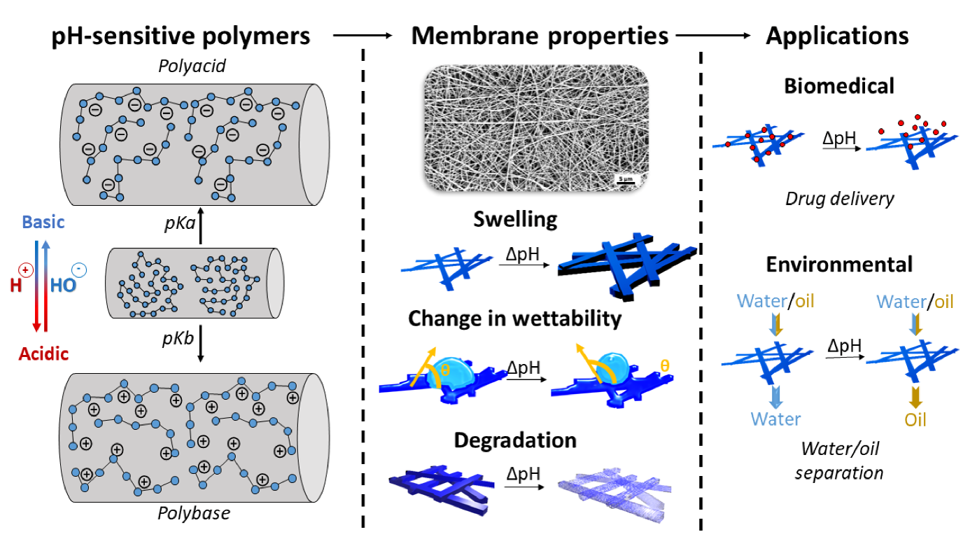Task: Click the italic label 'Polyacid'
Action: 188,68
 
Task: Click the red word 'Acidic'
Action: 43,353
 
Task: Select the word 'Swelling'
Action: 516,219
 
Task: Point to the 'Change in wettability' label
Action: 514,318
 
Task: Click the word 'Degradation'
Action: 515,440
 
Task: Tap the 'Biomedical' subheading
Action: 839,86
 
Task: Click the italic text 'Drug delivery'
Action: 839,199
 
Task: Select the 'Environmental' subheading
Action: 839,264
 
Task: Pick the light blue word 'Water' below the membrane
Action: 775,419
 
